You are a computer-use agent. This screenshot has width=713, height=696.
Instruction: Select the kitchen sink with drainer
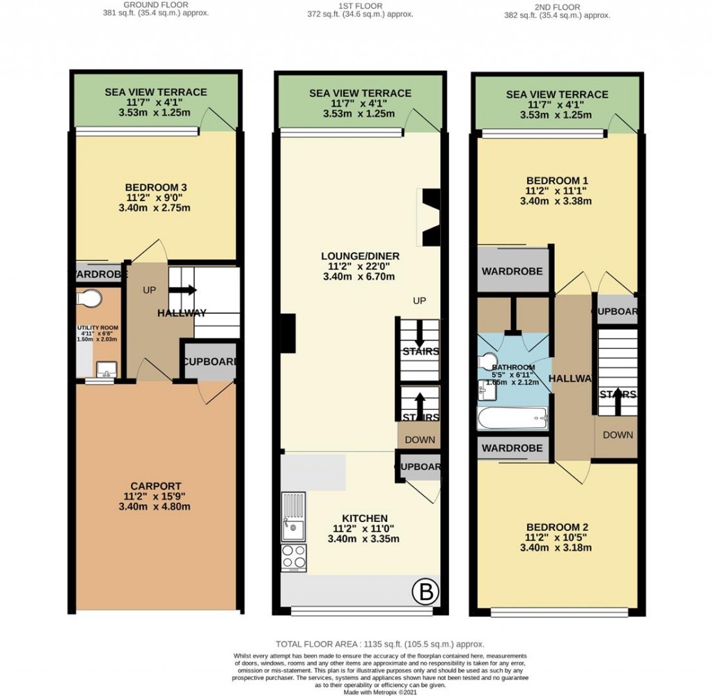(x=293, y=516)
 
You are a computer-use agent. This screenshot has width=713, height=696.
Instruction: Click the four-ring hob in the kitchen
(x=293, y=557)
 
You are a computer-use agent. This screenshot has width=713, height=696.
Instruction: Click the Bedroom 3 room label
(x=156, y=187)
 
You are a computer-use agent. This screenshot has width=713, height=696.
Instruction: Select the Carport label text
(x=156, y=486)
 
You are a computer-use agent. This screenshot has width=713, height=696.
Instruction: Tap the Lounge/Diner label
(x=360, y=256)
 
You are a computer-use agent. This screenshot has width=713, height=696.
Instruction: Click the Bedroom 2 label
(x=556, y=527)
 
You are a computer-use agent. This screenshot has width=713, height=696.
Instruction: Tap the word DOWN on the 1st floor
(x=420, y=440)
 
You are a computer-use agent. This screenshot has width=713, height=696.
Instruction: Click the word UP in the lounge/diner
(x=419, y=300)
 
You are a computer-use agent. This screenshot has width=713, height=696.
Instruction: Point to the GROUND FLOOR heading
(x=156, y=4)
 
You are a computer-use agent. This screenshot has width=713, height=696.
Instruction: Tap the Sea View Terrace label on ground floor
(x=156, y=92)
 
